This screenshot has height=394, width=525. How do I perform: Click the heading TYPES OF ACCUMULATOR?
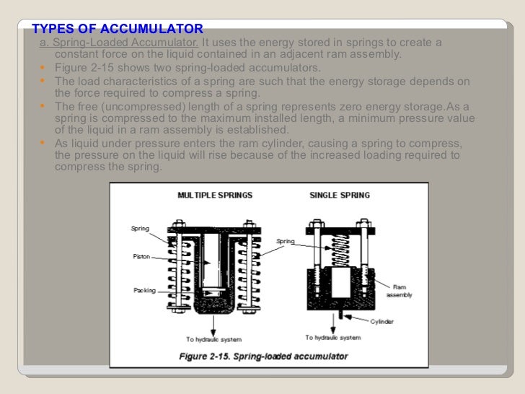coord(118,30)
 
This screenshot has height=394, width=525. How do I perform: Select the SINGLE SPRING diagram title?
coord(339,195)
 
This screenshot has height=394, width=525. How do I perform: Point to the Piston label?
coord(141,255)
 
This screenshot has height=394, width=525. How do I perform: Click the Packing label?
coord(144,290)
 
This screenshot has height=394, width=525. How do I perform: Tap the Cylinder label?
coord(381,321)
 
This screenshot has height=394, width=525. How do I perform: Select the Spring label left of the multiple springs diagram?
coord(140,229)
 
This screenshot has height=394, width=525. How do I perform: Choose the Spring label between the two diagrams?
coord(286,241)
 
